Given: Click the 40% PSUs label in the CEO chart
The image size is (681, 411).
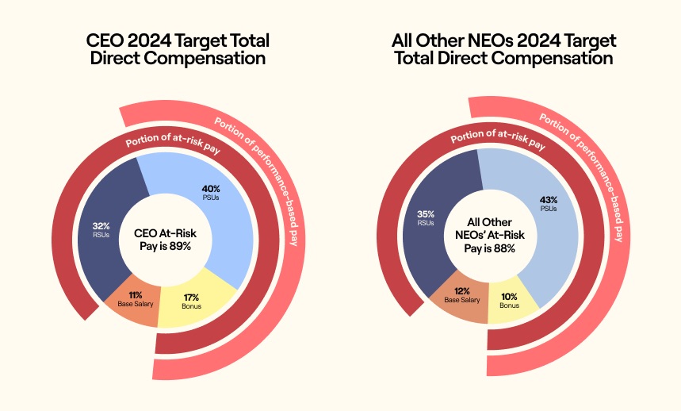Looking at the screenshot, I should click(211, 193).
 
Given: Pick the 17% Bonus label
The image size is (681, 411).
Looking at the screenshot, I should click(190, 301).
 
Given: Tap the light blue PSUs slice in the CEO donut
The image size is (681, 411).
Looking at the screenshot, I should click(230, 230).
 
